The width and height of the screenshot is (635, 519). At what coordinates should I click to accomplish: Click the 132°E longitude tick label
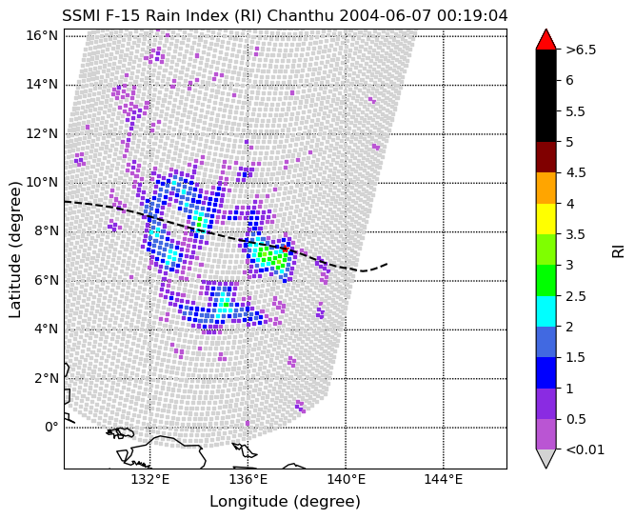(x=149, y=479)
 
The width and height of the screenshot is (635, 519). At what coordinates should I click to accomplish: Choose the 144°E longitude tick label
(x=443, y=479)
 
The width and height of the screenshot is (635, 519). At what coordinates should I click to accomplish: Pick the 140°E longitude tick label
(x=346, y=479)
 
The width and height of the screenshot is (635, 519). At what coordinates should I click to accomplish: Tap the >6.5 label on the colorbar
(x=581, y=50)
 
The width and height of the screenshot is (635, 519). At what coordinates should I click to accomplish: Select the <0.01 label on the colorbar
(x=585, y=449)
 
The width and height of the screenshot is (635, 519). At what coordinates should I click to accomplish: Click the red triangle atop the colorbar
(x=546, y=39)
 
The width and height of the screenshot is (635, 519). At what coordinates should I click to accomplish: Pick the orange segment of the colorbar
(x=546, y=188)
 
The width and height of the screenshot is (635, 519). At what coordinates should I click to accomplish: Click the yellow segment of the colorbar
(x=546, y=218)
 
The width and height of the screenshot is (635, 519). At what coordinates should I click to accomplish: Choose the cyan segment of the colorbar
(x=546, y=310)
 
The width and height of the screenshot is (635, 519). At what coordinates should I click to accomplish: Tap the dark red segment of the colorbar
(x=546, y=157)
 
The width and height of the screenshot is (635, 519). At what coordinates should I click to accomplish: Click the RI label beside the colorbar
(x=619, y=250)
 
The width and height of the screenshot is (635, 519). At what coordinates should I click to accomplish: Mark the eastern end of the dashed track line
(x=387, y=264)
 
